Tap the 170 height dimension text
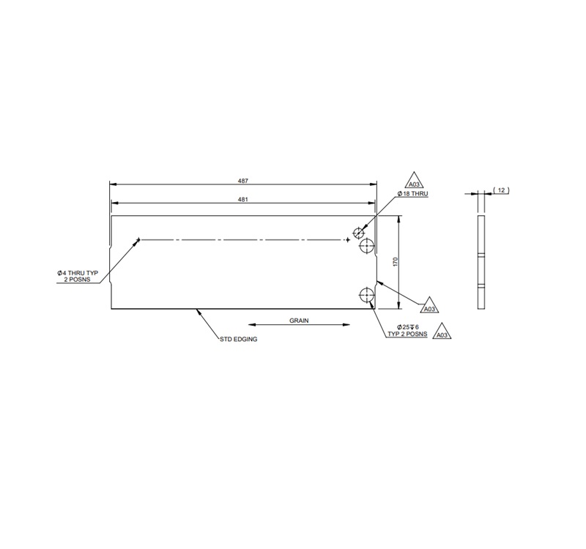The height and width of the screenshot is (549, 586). pyautogui.click(x=395, y=262)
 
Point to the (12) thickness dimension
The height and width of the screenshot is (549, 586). pyautogui.click(x=501, y=190)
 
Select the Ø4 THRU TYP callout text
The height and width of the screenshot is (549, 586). pyautogui.click(x=78, y=273)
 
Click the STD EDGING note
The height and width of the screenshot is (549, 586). pyautogui.click(x=239, y=340)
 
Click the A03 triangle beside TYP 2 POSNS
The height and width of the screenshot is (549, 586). pyautogui.click(x=441, y=334)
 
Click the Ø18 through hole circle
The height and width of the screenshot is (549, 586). pyautogui.click(x=358, y=234)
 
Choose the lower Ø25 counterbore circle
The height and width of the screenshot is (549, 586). pyautogui.click(x=366, y=295)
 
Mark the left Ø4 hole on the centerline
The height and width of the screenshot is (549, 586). pyautogui.click(x=138, y=239)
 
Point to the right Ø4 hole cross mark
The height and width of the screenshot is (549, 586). pyautogui.click(x=348, y=239)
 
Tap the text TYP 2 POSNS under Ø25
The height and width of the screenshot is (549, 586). pyautogui.click(x=407, y=334)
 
